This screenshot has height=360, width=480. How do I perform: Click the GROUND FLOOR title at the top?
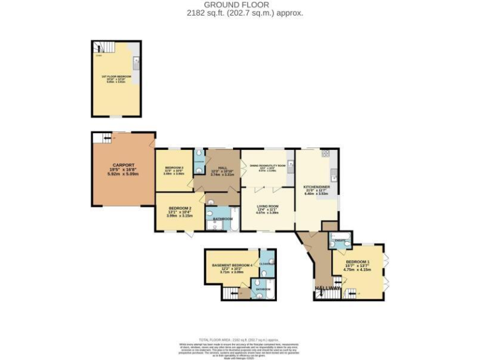[240, 5]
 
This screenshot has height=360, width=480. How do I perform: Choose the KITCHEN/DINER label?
[316, 186]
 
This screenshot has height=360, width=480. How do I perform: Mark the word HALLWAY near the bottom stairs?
[326, 288]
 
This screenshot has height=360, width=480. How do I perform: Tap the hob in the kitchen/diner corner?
[325, 153]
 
